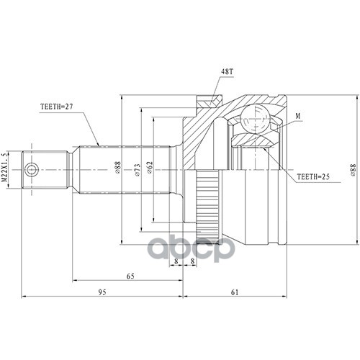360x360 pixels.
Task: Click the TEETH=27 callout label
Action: (56, 107)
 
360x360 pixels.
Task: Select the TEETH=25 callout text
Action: (313, 177)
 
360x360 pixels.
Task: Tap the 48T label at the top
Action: (227, 72)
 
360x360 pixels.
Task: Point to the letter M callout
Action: (298, 116)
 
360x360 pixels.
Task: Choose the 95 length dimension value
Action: (102, 292)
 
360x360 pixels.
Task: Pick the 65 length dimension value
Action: (130, 276)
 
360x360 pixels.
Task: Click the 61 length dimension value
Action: (235, 292)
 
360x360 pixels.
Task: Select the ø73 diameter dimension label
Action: (138, 170)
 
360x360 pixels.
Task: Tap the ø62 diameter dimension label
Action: (150, 167)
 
